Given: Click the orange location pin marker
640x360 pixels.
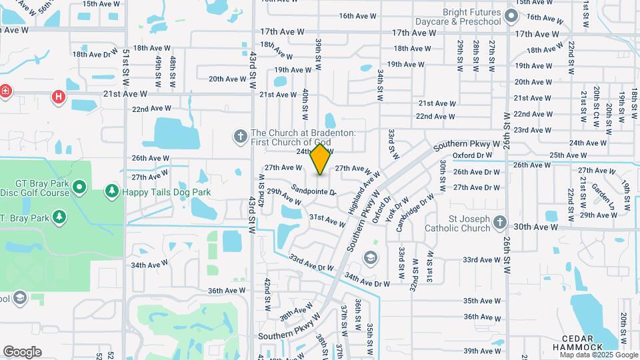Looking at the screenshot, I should tap(321, 159).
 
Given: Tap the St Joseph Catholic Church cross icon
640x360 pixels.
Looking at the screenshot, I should tap(501, 221).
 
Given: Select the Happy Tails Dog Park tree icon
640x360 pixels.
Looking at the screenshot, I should tap(112, 192).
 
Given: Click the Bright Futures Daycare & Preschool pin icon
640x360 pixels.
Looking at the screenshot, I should tap(511, 16).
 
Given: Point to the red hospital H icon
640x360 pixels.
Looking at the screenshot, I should tap(59, 97).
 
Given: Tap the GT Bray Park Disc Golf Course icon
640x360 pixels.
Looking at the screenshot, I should tap(79, 187).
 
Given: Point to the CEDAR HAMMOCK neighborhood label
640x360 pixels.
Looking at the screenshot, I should tap(579, 342).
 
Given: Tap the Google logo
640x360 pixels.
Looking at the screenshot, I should tap(22, 352).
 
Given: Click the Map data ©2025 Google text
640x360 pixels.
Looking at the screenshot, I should tap(598, 355).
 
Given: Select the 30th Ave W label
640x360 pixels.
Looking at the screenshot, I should tap(535, 227).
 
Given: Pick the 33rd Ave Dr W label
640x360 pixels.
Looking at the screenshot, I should tap(311, 263).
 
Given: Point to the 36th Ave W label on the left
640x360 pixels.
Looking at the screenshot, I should tap(227, 291).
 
